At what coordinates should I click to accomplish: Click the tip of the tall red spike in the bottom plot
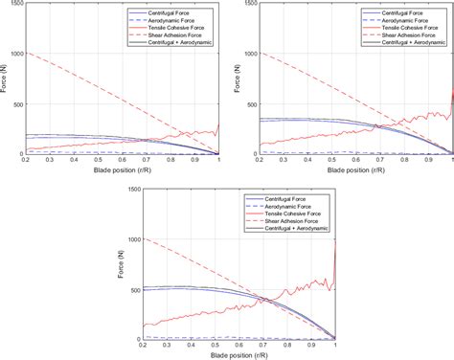pyautogui.click(x=336, y=240)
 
